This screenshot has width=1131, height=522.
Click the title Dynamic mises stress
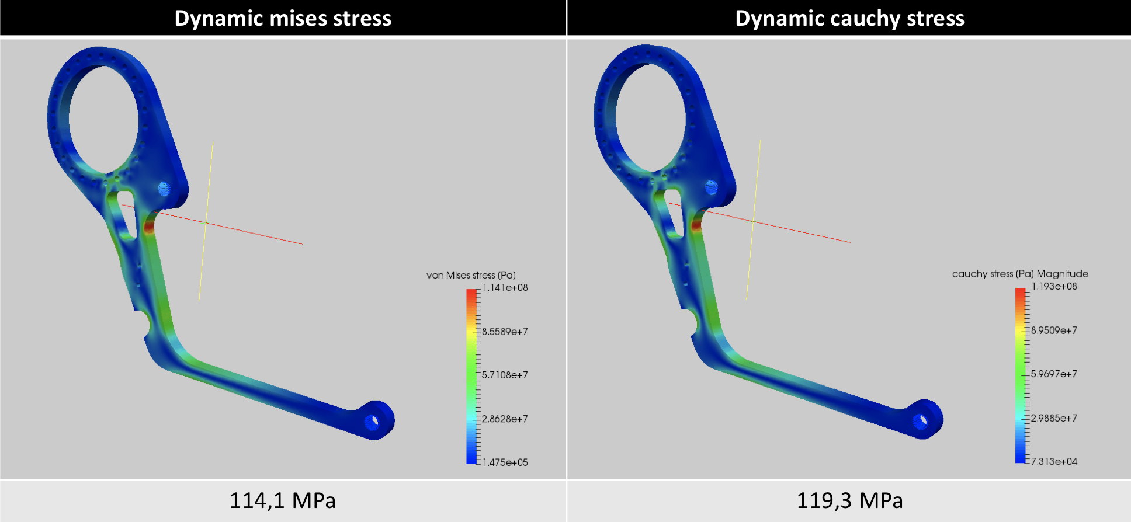pyautogui.click(x=283, y=19)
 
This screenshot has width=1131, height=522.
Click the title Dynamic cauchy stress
pyautogui.click(x=849, y=19)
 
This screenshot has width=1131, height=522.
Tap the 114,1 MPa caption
pyautogui.click(x=283, y=500)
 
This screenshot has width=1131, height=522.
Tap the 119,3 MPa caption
pyautogui.click(x=849, y=500)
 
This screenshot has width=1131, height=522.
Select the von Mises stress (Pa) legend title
pyautogui.click(x=471, y=275)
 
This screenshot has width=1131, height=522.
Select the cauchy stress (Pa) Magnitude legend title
pyautogui.click(x=1020, y=274)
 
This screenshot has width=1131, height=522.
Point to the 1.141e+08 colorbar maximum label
pyautogui.click(x=505, y=287)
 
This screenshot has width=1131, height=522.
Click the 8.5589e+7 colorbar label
pyautogui.click(x=505, y=332)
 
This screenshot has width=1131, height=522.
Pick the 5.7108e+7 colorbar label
pyautogui.click(x=505, y=375)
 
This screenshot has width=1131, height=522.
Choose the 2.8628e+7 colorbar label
pyautogui.click(x=505, y=419)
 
